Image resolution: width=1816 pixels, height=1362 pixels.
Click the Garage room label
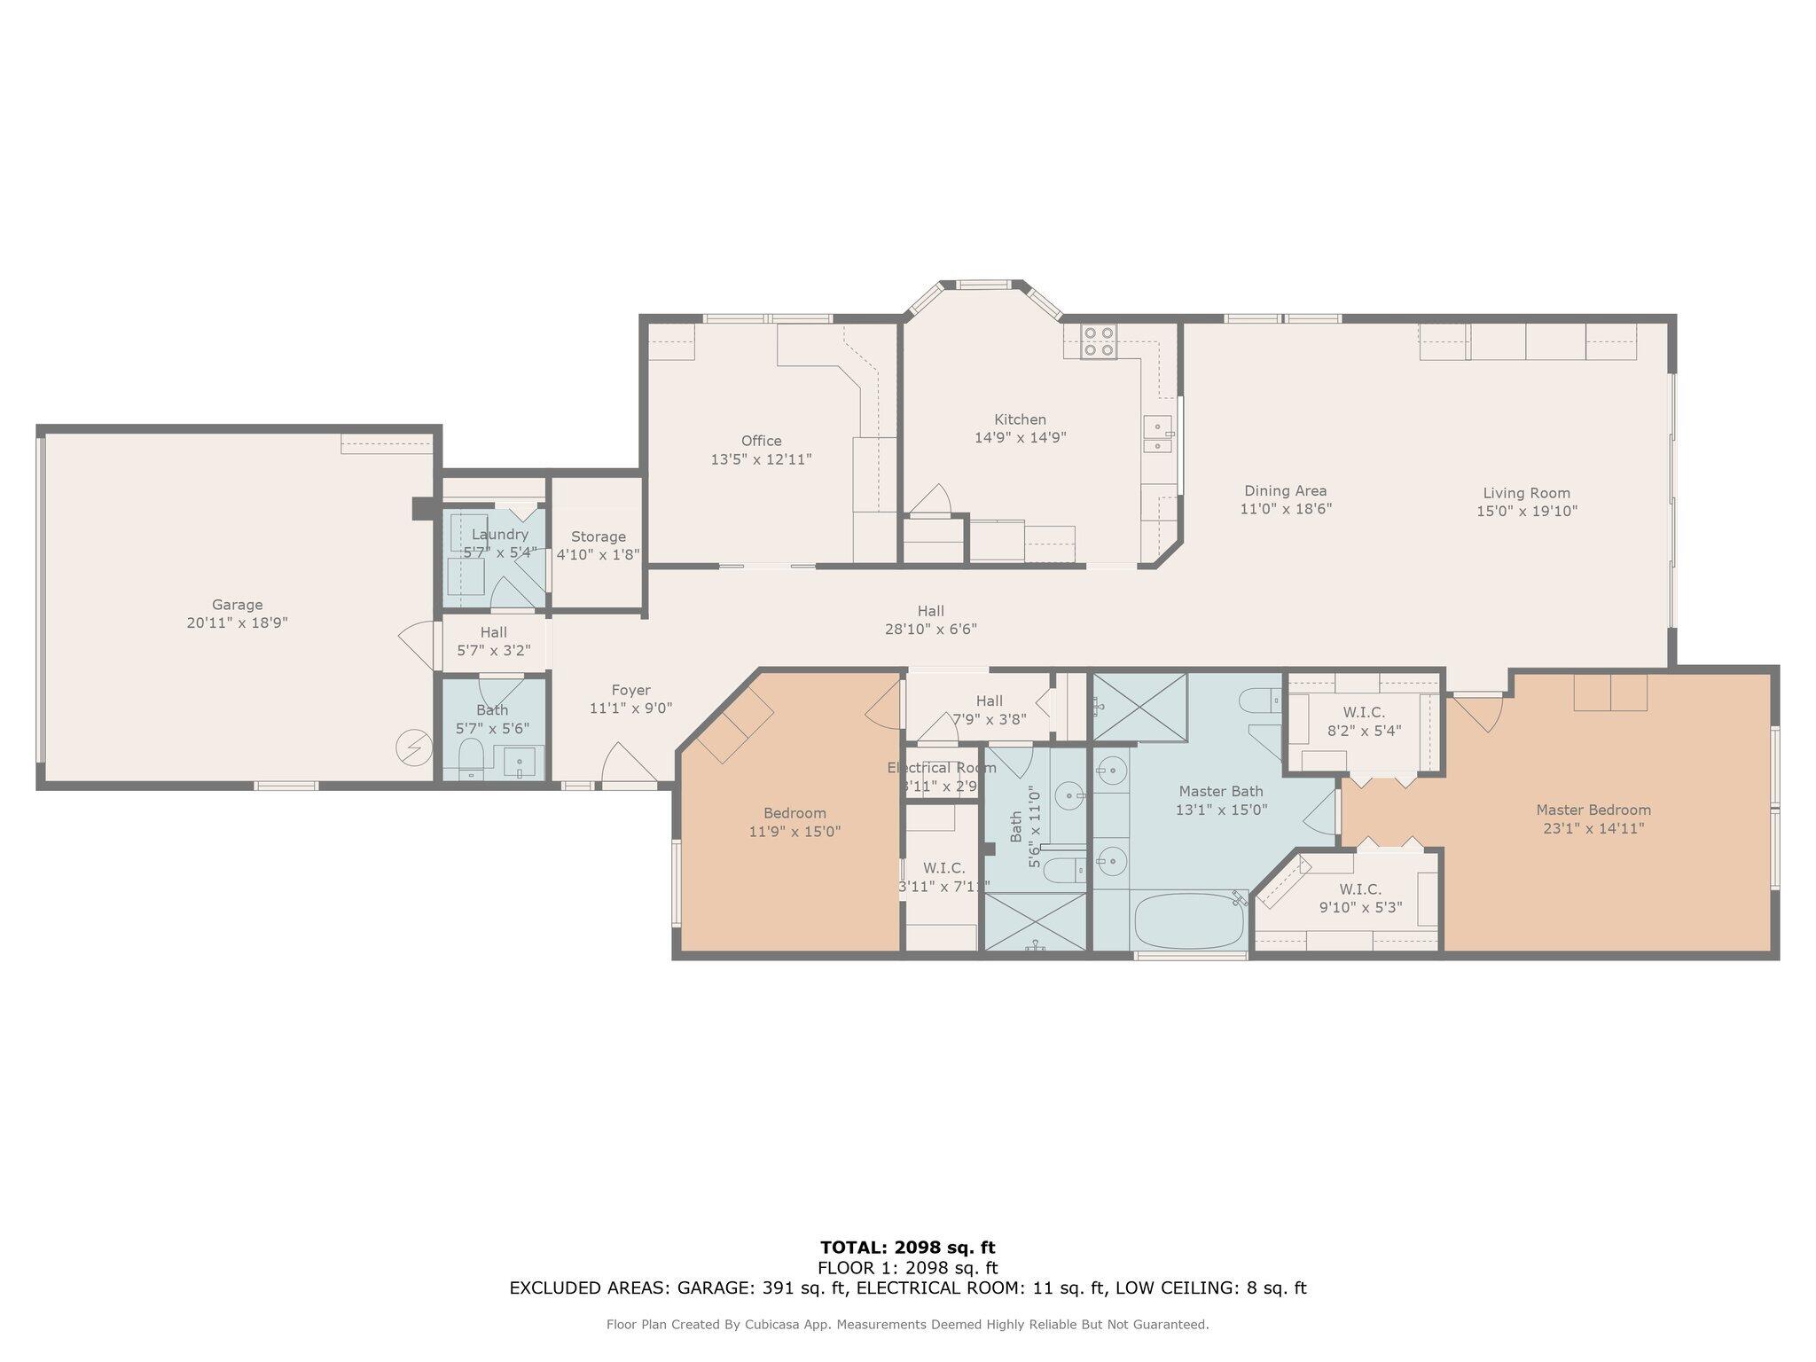click(x=237, y=606)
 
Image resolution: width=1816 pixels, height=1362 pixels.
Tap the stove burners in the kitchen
click(x=1099, y=341)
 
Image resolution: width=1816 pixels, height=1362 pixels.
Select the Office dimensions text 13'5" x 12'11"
click(x=761, y=459)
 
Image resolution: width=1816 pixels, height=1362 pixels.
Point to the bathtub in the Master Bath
click(x=1189, y=922)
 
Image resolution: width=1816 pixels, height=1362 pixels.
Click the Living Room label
click(x=1526, y=493)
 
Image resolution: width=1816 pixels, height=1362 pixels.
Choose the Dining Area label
click(x=1285, y=490)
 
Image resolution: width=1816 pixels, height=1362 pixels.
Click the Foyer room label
click(x=630, y=690)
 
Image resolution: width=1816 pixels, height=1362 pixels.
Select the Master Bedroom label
click(x=1593, y=810)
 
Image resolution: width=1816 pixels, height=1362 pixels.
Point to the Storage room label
click(x=598, y=536)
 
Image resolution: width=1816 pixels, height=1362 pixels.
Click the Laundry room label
click(x=499, y=535)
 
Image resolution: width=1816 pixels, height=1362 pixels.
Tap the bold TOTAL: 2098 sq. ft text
click(x=907, y=1248)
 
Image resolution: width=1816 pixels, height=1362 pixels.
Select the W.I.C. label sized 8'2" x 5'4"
click(x=1363, y=712)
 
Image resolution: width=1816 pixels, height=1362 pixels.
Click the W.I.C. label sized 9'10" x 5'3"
click(x=1359, y=889)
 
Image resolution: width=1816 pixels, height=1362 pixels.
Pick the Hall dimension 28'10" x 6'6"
click(x=930, y=630)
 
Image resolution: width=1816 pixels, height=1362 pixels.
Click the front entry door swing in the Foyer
click(x=626, y=765)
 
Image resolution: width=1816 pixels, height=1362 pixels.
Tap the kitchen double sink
click(x=1157, y=434)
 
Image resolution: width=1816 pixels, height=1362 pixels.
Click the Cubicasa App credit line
click(x=907, y=1325)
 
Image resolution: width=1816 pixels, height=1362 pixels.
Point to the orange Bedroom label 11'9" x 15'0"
click(x=794, y=813)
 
